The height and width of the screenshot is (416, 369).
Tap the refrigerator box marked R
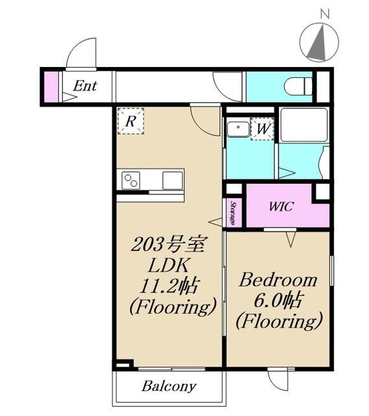pos(131,122)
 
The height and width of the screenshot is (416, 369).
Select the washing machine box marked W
pos(262,129)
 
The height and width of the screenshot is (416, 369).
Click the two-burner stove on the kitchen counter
pos(131,181)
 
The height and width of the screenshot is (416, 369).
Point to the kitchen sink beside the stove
pos(173,181)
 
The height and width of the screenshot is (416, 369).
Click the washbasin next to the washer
pos(238,129)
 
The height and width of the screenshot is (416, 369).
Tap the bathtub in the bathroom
pos(304,125)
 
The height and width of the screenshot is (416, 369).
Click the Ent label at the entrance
pos(85,86)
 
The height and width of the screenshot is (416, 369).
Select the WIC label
pos(281,207)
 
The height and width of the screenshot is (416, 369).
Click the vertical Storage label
pos(233,213)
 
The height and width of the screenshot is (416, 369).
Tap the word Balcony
pos(169,386)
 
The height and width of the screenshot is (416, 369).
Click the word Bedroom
pos(278,279)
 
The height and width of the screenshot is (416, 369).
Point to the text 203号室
pos(168,244)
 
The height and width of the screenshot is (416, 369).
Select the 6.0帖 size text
pos(278,300)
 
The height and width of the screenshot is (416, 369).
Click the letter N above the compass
pos(324,14)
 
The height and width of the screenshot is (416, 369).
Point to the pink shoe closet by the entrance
pos(51,86)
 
